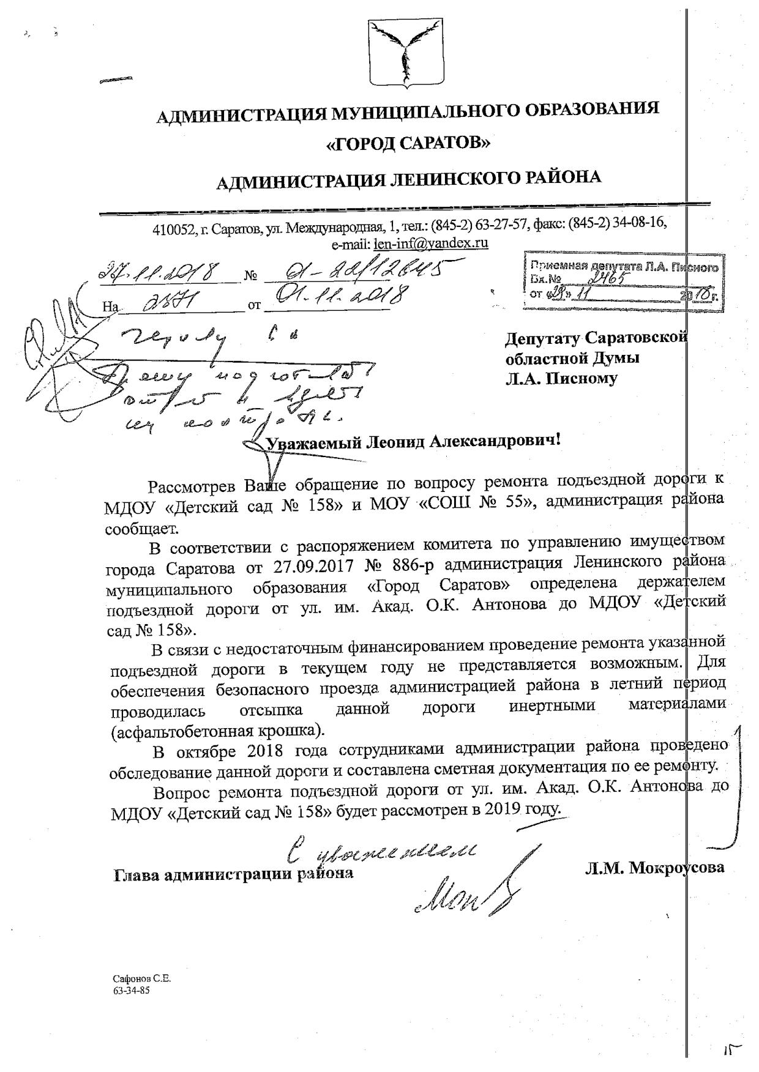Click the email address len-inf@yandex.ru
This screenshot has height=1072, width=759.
(x=430, y=243)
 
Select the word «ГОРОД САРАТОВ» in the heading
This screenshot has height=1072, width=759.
(x=408, y=143)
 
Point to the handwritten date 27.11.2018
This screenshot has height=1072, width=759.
(x=163, y=271)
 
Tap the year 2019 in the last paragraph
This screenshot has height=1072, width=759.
(x=499, y=810)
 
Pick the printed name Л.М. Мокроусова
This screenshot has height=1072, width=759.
(x=654, y=867)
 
